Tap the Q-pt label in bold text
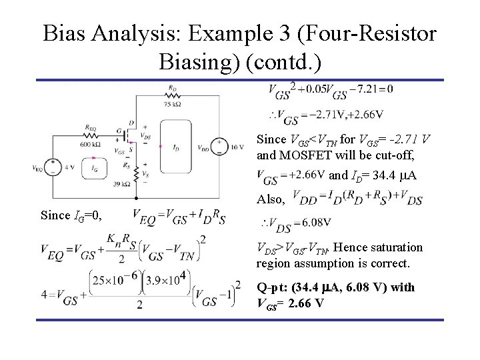(x=273, y=287)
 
